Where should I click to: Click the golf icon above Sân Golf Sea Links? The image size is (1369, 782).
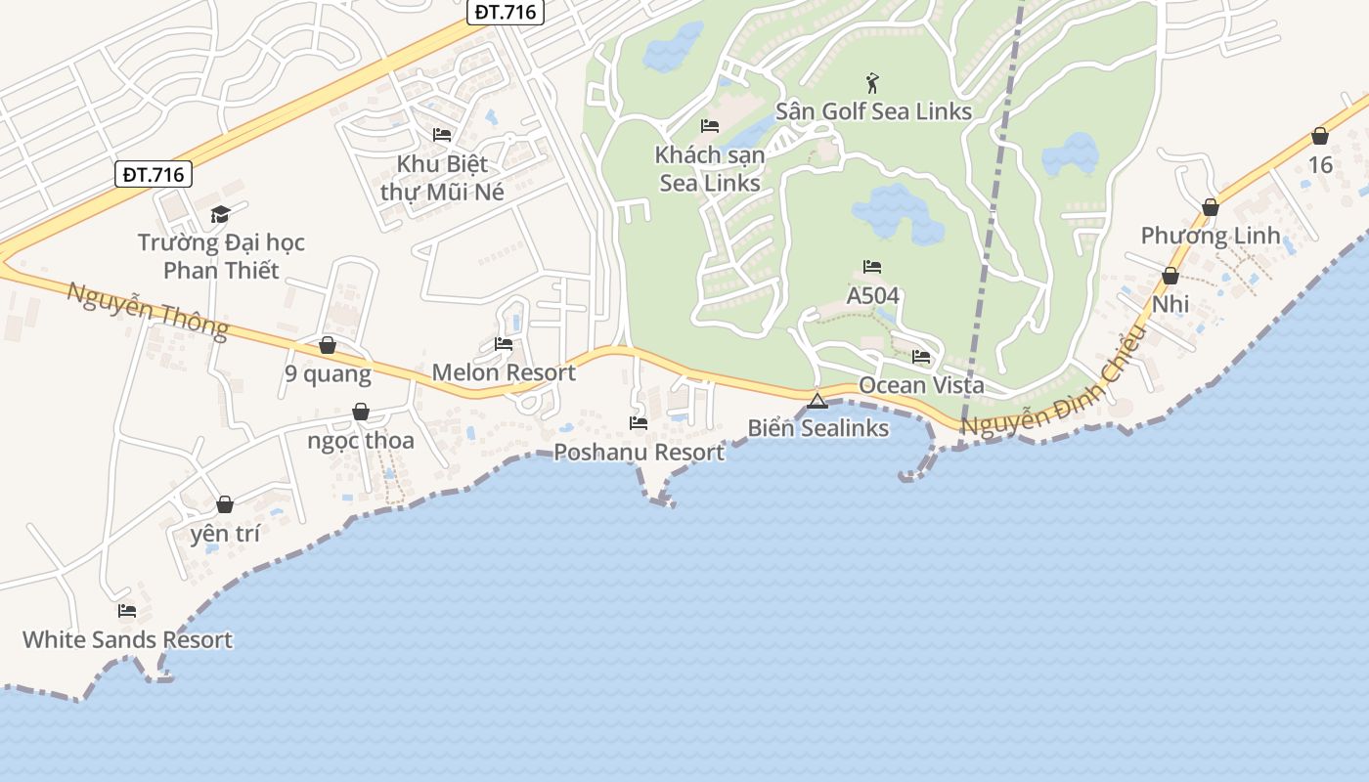(872, 83)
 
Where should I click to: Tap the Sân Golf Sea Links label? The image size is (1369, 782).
(873, 111)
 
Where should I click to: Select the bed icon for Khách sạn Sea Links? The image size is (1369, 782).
(710, 126)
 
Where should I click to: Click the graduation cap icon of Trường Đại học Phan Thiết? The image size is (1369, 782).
(220, 214)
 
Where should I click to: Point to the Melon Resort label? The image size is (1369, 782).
(504, 372)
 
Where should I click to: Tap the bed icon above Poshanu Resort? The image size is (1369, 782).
(639, 423)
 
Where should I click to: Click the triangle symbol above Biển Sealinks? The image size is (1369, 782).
(817, 400)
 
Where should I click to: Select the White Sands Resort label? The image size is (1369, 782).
(127, 640)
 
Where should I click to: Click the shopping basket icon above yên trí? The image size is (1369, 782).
(225, 504)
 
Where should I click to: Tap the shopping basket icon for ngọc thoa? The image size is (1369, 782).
(361, 412)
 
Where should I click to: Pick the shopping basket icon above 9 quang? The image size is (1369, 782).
(328, 345)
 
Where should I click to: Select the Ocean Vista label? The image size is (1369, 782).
(921, 386)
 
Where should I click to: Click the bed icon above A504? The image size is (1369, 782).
(872, 267)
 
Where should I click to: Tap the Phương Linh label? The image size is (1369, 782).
(1211, 236)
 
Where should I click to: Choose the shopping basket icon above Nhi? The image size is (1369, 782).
(1170, 276)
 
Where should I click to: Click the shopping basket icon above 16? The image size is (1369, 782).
(1320, 136)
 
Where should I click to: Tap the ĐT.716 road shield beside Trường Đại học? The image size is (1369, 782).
(155, 175)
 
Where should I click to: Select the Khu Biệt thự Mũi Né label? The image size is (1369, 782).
(442, 178)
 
